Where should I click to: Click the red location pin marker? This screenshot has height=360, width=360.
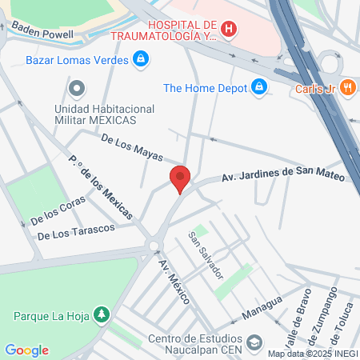pos(180,178)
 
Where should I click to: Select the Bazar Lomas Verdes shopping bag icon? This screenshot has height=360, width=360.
pos(141,58)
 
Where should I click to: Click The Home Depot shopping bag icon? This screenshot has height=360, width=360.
pos(258,87)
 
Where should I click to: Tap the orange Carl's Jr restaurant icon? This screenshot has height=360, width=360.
pos(347,88)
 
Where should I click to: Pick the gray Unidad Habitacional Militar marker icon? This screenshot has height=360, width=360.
pos(77,88)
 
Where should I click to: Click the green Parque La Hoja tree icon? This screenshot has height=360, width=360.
pos(101,314)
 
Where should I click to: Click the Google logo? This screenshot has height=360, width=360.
pos(26,350)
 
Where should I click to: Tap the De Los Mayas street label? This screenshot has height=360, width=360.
pos(132,149)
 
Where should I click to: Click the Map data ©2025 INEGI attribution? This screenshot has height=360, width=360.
pos(312,353)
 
